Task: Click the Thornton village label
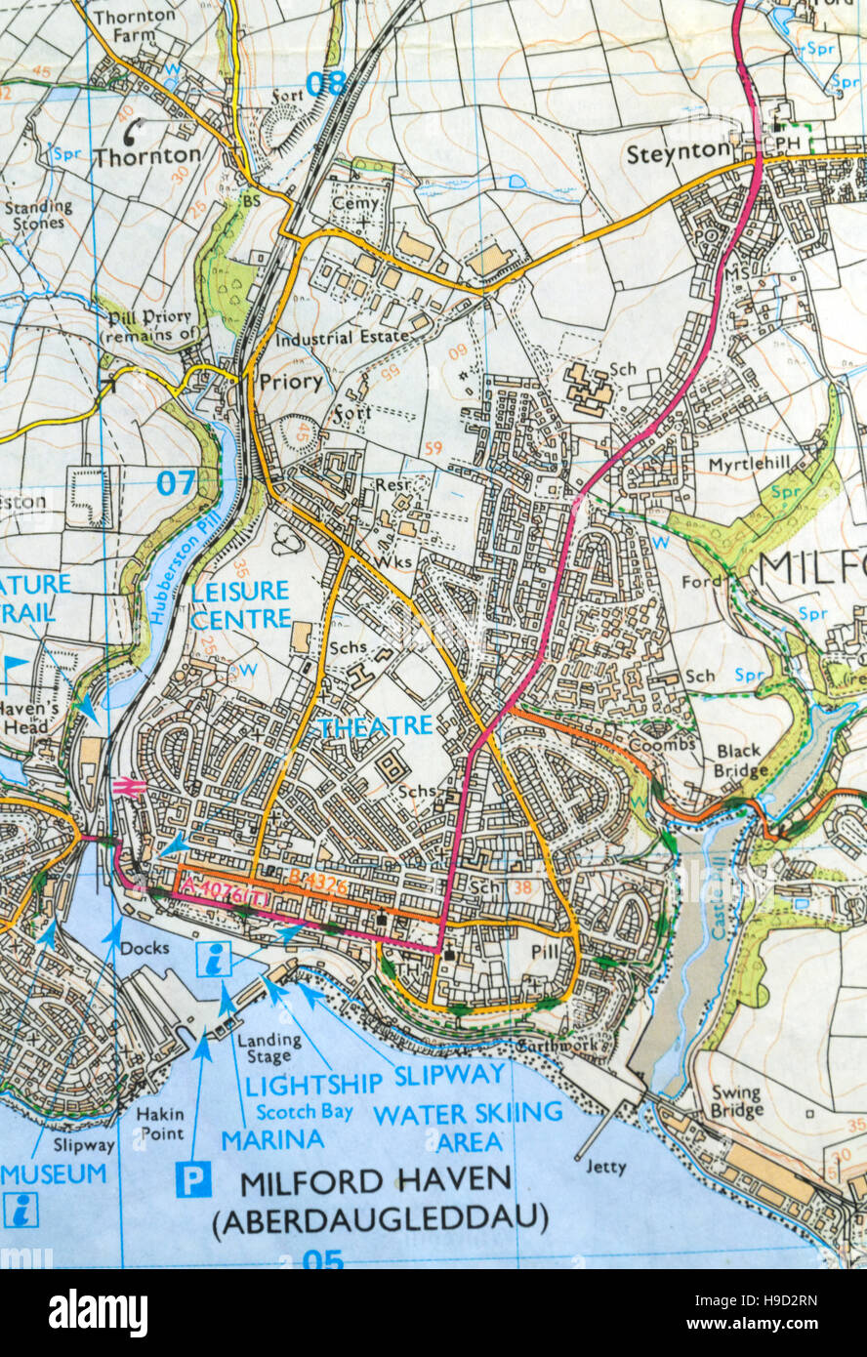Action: click(x=146, y=155)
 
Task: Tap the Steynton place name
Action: click(x=678, y=152)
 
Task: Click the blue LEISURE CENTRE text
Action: click(x=240, y=604)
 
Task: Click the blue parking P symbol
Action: click(x=193, y=1180)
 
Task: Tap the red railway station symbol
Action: click(x=129, y=787)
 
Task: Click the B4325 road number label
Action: click(x=317, y=880)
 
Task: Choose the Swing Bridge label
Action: click(x=737, y=1101)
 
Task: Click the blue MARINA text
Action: click(x=272, y=1139)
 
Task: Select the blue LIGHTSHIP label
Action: click(x=313, y=1084)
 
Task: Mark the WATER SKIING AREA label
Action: click(x=468, y=1127)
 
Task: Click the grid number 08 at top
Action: click(x=325, y=84)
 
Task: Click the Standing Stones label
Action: click(x=38, y=214)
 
